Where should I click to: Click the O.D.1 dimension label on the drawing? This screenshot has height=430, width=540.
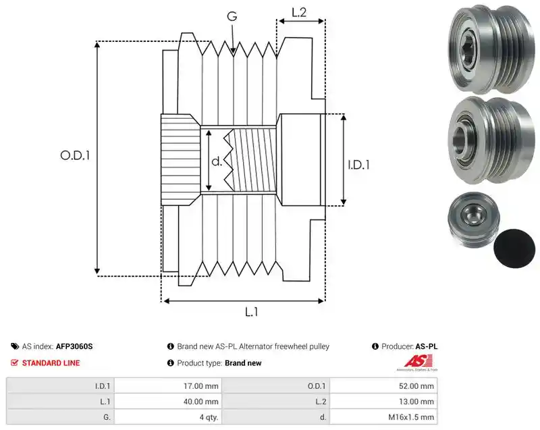tap(75, 155)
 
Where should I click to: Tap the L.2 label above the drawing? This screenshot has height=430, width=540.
tap(299, 12)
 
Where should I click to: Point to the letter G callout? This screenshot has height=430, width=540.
tap(232, 16)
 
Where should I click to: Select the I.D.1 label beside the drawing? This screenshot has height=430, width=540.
tap(358, 165)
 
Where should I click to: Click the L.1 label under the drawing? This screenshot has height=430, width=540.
tap(251, 312)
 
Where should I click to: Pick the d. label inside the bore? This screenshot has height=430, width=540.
tap(217, 161)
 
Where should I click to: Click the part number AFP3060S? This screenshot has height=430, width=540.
tap(74, 346)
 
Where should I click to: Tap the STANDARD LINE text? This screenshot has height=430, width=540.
tap(51, 363)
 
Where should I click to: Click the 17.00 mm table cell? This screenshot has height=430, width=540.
tap(200, 386)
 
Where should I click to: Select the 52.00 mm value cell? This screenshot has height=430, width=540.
tap(416, 386)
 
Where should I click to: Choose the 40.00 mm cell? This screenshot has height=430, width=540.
tap(200, 402)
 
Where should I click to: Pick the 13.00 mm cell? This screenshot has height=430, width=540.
tap(416, 402)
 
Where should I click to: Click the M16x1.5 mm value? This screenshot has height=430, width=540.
tap(411, 417)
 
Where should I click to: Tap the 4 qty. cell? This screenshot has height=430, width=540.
tap(209, 417)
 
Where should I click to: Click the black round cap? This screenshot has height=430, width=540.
tap(514, 248)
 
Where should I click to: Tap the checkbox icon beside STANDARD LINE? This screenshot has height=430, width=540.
tap(14, 362)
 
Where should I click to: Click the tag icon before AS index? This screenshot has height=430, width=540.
tap(15, 346)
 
